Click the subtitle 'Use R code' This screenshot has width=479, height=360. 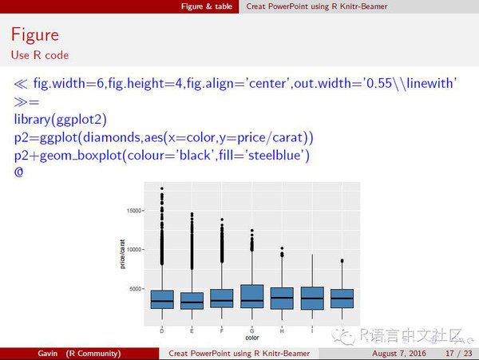coord(40,55)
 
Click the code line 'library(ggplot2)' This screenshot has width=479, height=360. coord(60,120)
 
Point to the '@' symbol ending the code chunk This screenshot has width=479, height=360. coord(19,171)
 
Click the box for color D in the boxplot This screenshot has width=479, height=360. coord(162,299)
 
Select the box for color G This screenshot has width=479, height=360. coord(251,296)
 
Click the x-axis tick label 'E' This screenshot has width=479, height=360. coord(192,329)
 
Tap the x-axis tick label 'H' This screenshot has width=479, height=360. coord(281,329)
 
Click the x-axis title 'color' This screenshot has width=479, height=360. coord(251,338)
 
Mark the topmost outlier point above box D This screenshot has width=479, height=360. coord(162,189)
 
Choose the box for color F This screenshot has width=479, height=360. coord(221,299)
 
